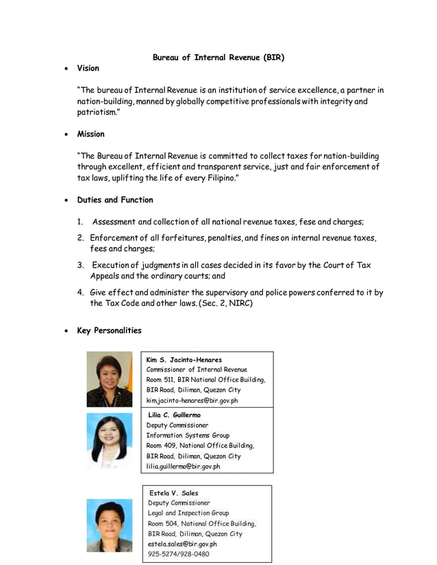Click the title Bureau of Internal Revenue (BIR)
point(218,57)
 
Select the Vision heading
point(88,68)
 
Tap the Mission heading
point(90,134)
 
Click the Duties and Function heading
point(114,200)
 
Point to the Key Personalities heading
point(109,330)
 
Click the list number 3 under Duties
point(80,265)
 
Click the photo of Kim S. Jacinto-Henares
point(109,379)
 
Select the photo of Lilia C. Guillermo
point(109,441)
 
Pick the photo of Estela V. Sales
point(109,525)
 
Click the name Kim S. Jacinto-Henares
point(184,360)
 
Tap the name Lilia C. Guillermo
point(175,415)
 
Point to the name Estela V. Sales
point(174,492)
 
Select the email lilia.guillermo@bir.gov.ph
point(183,467)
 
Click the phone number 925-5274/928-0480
point(179,554)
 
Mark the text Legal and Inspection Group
point(188,513)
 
